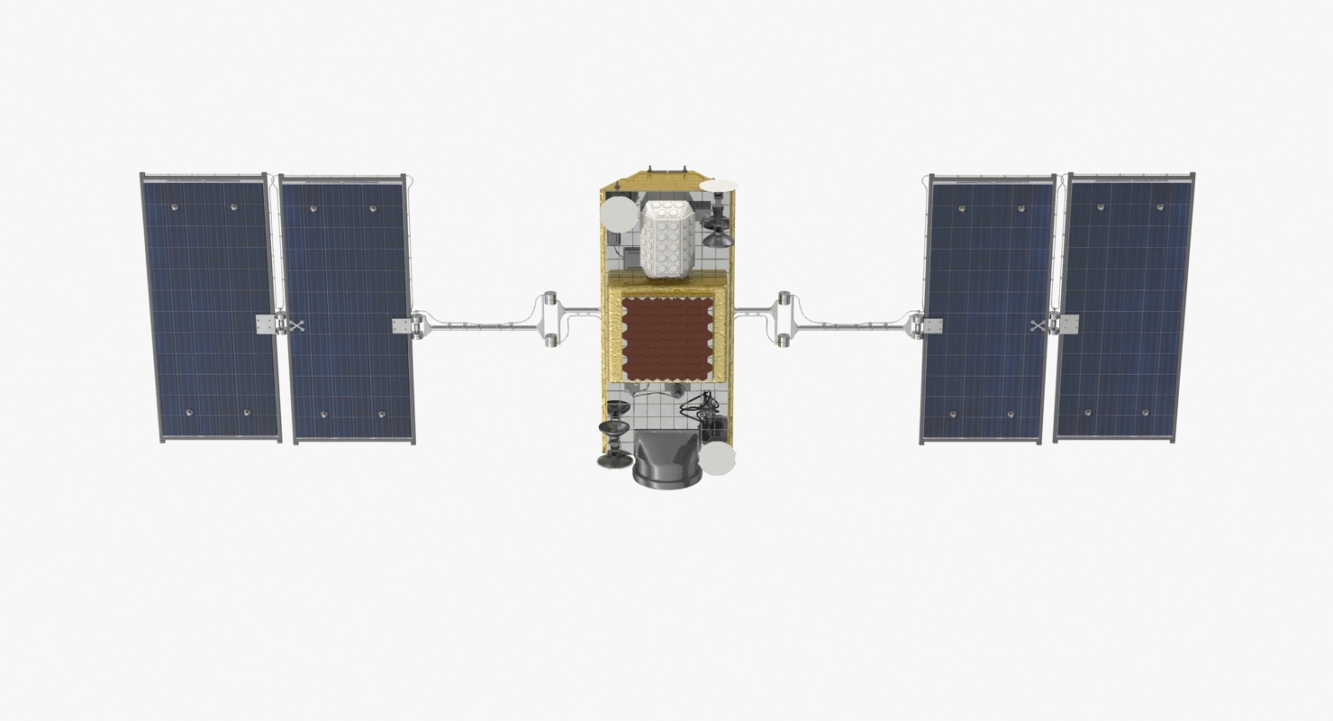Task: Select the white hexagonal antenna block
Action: [x=667, y=239]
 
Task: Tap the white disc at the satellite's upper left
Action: [x=619, y=214]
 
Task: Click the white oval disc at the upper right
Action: [x=719, y=186]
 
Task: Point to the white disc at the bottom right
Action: [x=718, y=458]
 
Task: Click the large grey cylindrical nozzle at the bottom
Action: [x=667, y=461]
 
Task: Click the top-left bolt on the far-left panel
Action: [x=174, y=207]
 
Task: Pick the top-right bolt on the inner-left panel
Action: [x=373, y=209]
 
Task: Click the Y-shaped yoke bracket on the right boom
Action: [x=783, y=319]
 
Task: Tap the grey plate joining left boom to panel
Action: [x=401, y=325]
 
